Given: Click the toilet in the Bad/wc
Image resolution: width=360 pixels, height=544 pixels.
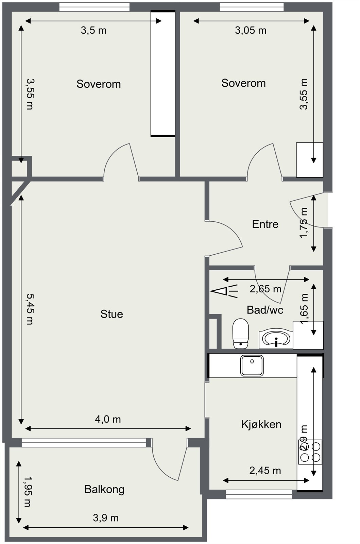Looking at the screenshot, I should (x=240, y=334).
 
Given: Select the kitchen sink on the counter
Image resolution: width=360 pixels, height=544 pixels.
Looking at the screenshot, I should (x=252, y=365).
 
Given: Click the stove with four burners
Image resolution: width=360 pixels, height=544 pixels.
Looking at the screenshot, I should (x=310, y=452).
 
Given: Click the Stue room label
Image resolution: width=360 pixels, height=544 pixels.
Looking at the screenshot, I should (x=112, y=314).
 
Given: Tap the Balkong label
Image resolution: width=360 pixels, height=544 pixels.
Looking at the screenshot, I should (x=104, y=489).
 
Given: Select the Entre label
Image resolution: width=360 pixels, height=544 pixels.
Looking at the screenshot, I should (x=265, y=224).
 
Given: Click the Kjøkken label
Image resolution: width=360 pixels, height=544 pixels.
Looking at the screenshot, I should (x=261, y=424).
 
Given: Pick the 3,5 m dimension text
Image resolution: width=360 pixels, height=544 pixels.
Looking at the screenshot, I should (x=93, y=31).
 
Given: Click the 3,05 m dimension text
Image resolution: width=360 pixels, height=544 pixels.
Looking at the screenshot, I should (x=251, y=31).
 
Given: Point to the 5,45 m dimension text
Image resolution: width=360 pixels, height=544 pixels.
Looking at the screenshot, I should (x=30, y=309).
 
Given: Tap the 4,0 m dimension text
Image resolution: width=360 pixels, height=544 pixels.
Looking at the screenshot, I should (x=108, y=419).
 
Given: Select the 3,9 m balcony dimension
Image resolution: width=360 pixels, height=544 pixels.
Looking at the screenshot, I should (x=106, y=518).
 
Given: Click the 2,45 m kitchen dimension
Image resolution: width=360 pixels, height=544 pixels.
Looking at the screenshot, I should (x=265, y=471).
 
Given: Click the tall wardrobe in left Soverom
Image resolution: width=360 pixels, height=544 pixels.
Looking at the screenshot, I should (x=163, y=73).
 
